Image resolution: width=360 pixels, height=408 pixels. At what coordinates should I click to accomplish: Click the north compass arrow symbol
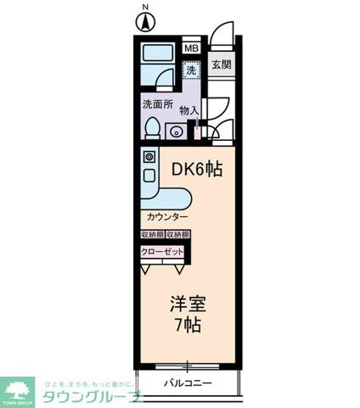pyautogui.click(x=145, y=23)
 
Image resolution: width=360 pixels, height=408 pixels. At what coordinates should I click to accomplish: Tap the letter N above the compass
pyautogui.click(x=145, y=8)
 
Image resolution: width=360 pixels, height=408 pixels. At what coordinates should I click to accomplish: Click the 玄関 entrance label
pyautogui.click(x=222, y=64)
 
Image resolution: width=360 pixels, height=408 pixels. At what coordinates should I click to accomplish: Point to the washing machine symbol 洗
pyautogui.click(x=193, y=71)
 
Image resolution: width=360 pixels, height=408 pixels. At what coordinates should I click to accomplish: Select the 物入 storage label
pyautogui.click(x=188, y=110)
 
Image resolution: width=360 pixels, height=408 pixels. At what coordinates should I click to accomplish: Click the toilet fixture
pyautogui.click(x=152, y=128)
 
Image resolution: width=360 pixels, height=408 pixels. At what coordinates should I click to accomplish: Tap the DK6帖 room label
pyautogui.click(x=197, y=170)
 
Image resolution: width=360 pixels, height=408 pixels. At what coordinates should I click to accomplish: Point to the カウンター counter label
pyautogui.click(x=165, y=217)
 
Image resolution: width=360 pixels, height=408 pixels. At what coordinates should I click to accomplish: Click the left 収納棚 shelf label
pyautogui.click(x=153, y=234)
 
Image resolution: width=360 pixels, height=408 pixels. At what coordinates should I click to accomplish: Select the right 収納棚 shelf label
pyautogui.click(x=177, y=234)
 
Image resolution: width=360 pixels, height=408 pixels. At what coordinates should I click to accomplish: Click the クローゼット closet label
pyautogui.click(x=161, y=252)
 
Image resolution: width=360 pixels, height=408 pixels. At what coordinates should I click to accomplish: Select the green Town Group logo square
pyautogui.click(x=18, y=390)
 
